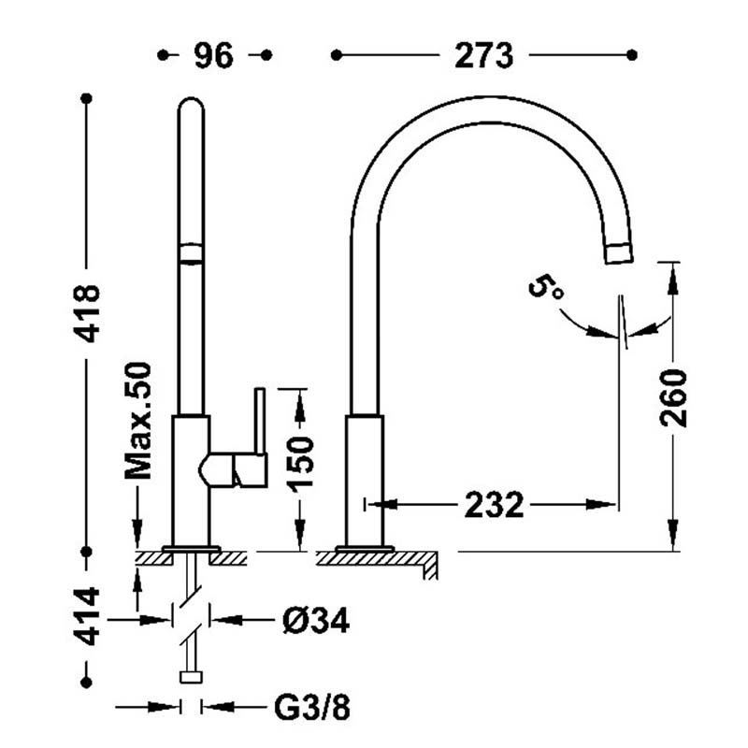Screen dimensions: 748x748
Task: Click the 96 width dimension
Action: tap(214, 56)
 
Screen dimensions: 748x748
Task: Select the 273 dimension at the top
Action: tap(484, 56)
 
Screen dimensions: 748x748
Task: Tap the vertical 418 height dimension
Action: tap(90, 312)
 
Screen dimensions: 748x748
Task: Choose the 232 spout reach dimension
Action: tap(494, 505)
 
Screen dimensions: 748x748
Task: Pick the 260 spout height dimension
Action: tap(673, 398)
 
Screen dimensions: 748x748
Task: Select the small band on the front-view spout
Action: tap(191, 253)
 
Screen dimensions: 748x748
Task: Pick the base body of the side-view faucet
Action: tap(365, 479)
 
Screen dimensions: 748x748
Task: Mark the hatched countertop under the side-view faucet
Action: tap(374, 558)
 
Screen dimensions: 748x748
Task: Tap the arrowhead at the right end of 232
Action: tap(609, 505)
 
